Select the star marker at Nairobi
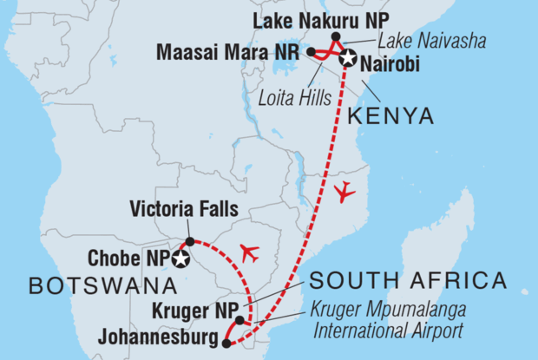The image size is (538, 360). point(348,58)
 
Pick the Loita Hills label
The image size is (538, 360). point(299,97)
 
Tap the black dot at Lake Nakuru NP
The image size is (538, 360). point(337,36)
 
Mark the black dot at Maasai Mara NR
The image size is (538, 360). point(311,53)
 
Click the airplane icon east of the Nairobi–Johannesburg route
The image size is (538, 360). point(344,192)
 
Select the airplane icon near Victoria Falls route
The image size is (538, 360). point(249,254)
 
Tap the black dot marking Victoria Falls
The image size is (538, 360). point(190,241)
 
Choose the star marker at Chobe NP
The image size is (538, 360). point(180,259)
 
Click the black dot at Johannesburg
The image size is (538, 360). point(226,344)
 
